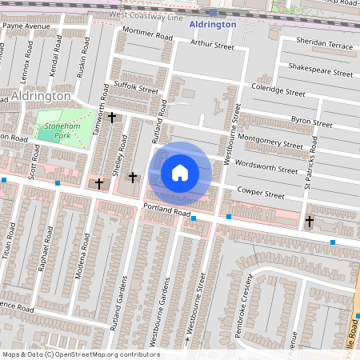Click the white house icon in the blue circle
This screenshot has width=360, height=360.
(x=180, y=172)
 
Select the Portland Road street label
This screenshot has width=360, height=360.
(x=168, y=213)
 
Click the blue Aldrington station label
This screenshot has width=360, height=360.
(x=213, y=25)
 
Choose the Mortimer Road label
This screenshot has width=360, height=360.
(x=148, y=34)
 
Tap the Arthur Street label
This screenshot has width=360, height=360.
(x=206, y=46)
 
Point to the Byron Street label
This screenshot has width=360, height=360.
(x=311, y=122)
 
